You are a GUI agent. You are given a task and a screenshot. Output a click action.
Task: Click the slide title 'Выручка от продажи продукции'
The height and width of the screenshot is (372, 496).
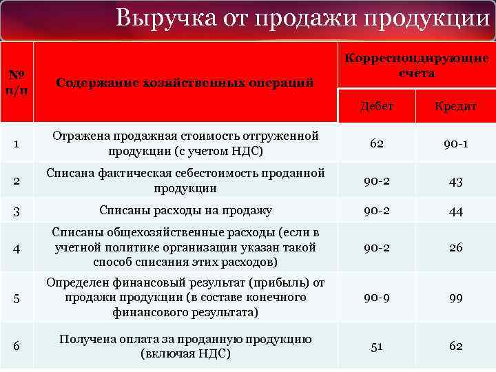(303, 18)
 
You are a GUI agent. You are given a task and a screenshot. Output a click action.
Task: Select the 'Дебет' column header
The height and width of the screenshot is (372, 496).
(377, 106)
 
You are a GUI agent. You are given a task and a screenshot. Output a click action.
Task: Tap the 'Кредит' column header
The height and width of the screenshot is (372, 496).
(455, 106)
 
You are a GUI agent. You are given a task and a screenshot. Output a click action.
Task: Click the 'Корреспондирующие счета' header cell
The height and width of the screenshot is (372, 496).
(416, 65)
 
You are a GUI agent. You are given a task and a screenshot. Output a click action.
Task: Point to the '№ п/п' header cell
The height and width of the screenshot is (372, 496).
(17, 83)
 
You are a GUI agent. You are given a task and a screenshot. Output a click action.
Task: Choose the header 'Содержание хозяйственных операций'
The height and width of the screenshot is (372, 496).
(185, 83)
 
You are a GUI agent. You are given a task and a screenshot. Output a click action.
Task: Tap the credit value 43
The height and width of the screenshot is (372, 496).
(455, 180)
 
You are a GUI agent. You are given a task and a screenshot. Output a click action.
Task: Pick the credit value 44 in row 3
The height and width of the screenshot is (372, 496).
(455, 211)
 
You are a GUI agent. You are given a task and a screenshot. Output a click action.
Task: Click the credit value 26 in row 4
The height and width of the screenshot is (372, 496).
(455, 247)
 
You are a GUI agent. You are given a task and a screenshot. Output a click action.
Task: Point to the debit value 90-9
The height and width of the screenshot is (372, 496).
(377, 298)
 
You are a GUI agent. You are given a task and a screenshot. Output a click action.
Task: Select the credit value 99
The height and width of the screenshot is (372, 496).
(455, 298)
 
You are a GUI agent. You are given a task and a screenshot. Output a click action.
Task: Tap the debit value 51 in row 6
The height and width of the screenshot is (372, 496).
(377, 347)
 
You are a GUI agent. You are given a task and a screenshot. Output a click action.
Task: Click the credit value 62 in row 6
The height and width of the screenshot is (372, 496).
(455, 347)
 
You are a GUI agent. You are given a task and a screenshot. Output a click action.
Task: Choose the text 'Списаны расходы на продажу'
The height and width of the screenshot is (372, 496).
(185, 211)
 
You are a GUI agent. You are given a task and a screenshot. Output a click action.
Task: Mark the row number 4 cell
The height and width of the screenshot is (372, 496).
(17, 247)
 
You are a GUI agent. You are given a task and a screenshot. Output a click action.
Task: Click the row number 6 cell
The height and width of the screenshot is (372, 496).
(17, 347)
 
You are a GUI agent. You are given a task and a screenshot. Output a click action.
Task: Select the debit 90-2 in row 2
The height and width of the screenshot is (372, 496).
(377, 180)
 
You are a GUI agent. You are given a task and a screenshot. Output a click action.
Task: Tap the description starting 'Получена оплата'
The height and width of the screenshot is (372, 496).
(185, 347)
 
